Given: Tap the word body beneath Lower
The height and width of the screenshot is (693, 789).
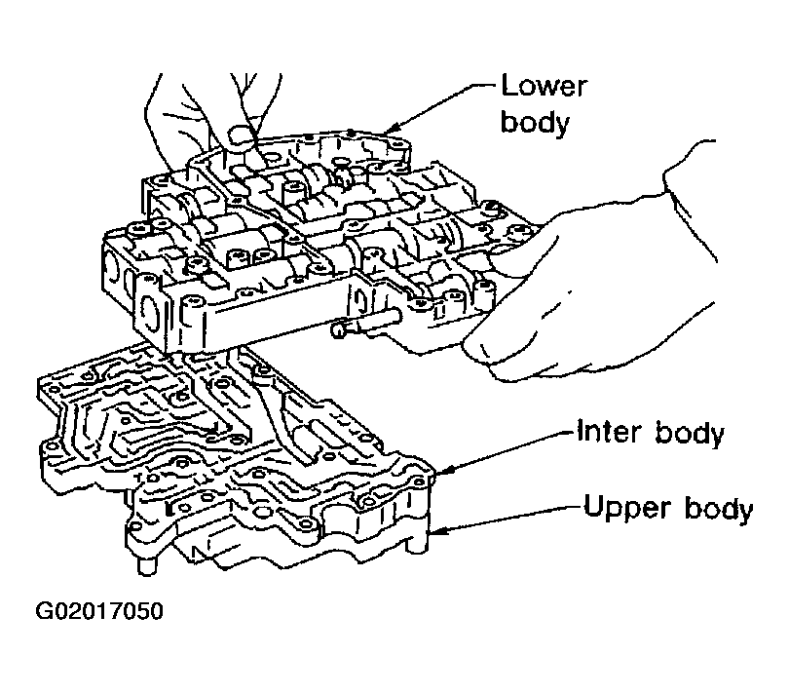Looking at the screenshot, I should [x=534, y=123].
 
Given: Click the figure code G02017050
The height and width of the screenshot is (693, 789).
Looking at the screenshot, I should [x=99, y=614].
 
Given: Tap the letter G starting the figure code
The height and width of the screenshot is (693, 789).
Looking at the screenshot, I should [x=45, y=614].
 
